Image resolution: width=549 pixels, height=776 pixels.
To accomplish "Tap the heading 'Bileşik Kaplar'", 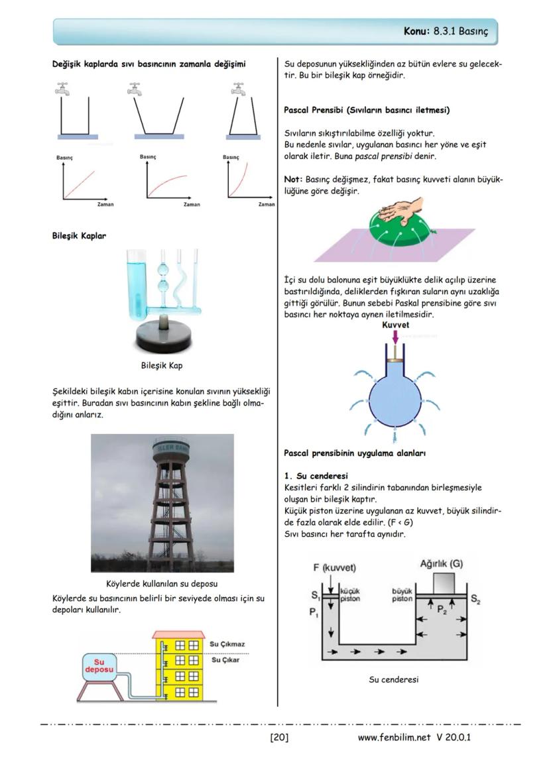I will (79, 236).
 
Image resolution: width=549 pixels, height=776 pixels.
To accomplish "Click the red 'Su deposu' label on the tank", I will (99, 666).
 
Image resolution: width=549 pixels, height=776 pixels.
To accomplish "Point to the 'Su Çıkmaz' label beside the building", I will (228, 644).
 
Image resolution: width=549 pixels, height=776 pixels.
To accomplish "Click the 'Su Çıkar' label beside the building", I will (225, 660).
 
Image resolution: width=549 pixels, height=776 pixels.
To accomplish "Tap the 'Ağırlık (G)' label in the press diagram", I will (441, 564).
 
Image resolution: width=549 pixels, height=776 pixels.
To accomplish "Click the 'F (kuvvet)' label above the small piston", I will (335, 568).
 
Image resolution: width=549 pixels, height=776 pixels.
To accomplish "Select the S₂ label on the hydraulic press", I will (475, 600).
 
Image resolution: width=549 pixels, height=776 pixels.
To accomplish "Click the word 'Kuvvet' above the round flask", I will (396, 325).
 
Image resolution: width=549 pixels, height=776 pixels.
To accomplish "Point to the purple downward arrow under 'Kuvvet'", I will (396, 337).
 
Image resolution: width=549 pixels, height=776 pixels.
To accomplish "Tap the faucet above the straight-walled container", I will (63, 88).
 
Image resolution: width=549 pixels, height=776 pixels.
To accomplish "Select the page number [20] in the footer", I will (279, 738).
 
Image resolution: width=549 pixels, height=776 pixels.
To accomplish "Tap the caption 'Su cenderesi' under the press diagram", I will (394, 679).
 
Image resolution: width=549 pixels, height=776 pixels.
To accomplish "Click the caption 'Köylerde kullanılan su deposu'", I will (162, 584).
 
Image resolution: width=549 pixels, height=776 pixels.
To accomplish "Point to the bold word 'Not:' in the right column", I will (293, 180).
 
